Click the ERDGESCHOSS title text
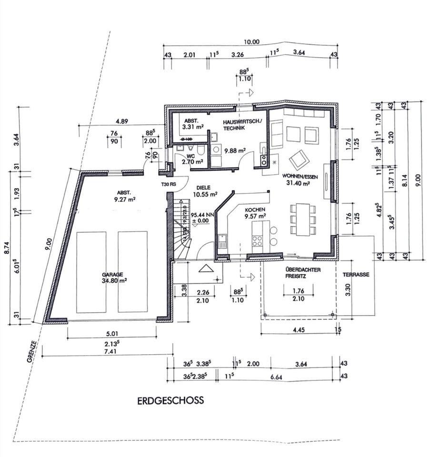(x=170, y=400)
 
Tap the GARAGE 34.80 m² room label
(x=112, y=278)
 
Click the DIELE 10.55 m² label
(x=205, y=191)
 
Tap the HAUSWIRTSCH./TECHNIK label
(x=241, y=125)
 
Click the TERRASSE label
(x=355, y=275)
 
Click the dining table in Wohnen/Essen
(x=302, y=219)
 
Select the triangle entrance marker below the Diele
(x=206, y=268)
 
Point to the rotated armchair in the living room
(x=299, y=160)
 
